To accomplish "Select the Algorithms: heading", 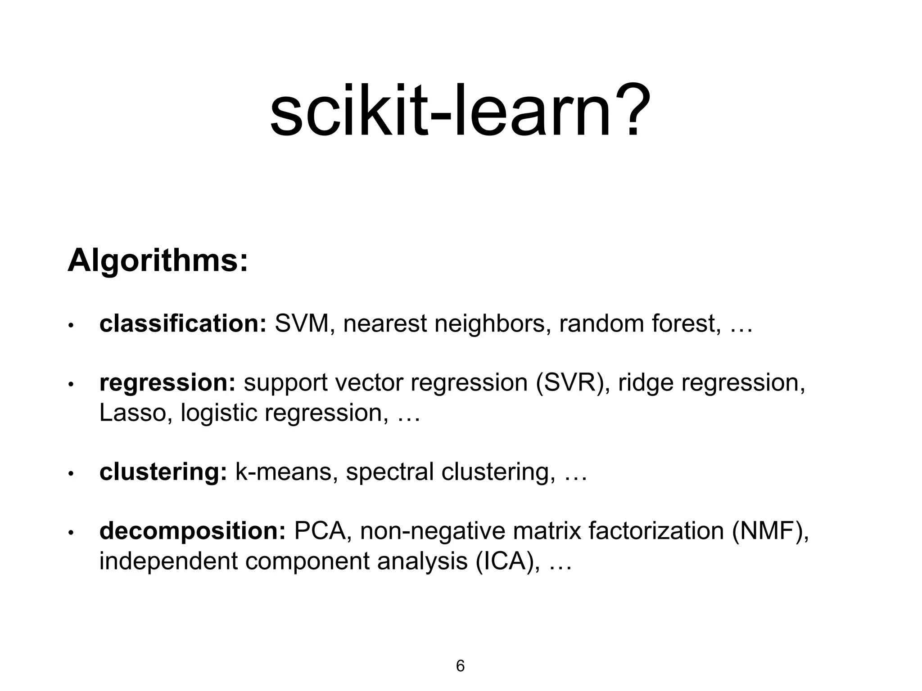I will pyautogui.click(x=158, y=261).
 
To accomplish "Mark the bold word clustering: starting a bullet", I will pyautogui.click(x=163, y=472).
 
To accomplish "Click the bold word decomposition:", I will pyautogui.click(x=192, y=531).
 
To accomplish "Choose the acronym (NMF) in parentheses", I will pyautogui.click(x=769, y=531).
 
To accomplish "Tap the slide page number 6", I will pyautogui.click(x=460, y=666).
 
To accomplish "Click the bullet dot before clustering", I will pyautogui.click(x=71, y=474).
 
